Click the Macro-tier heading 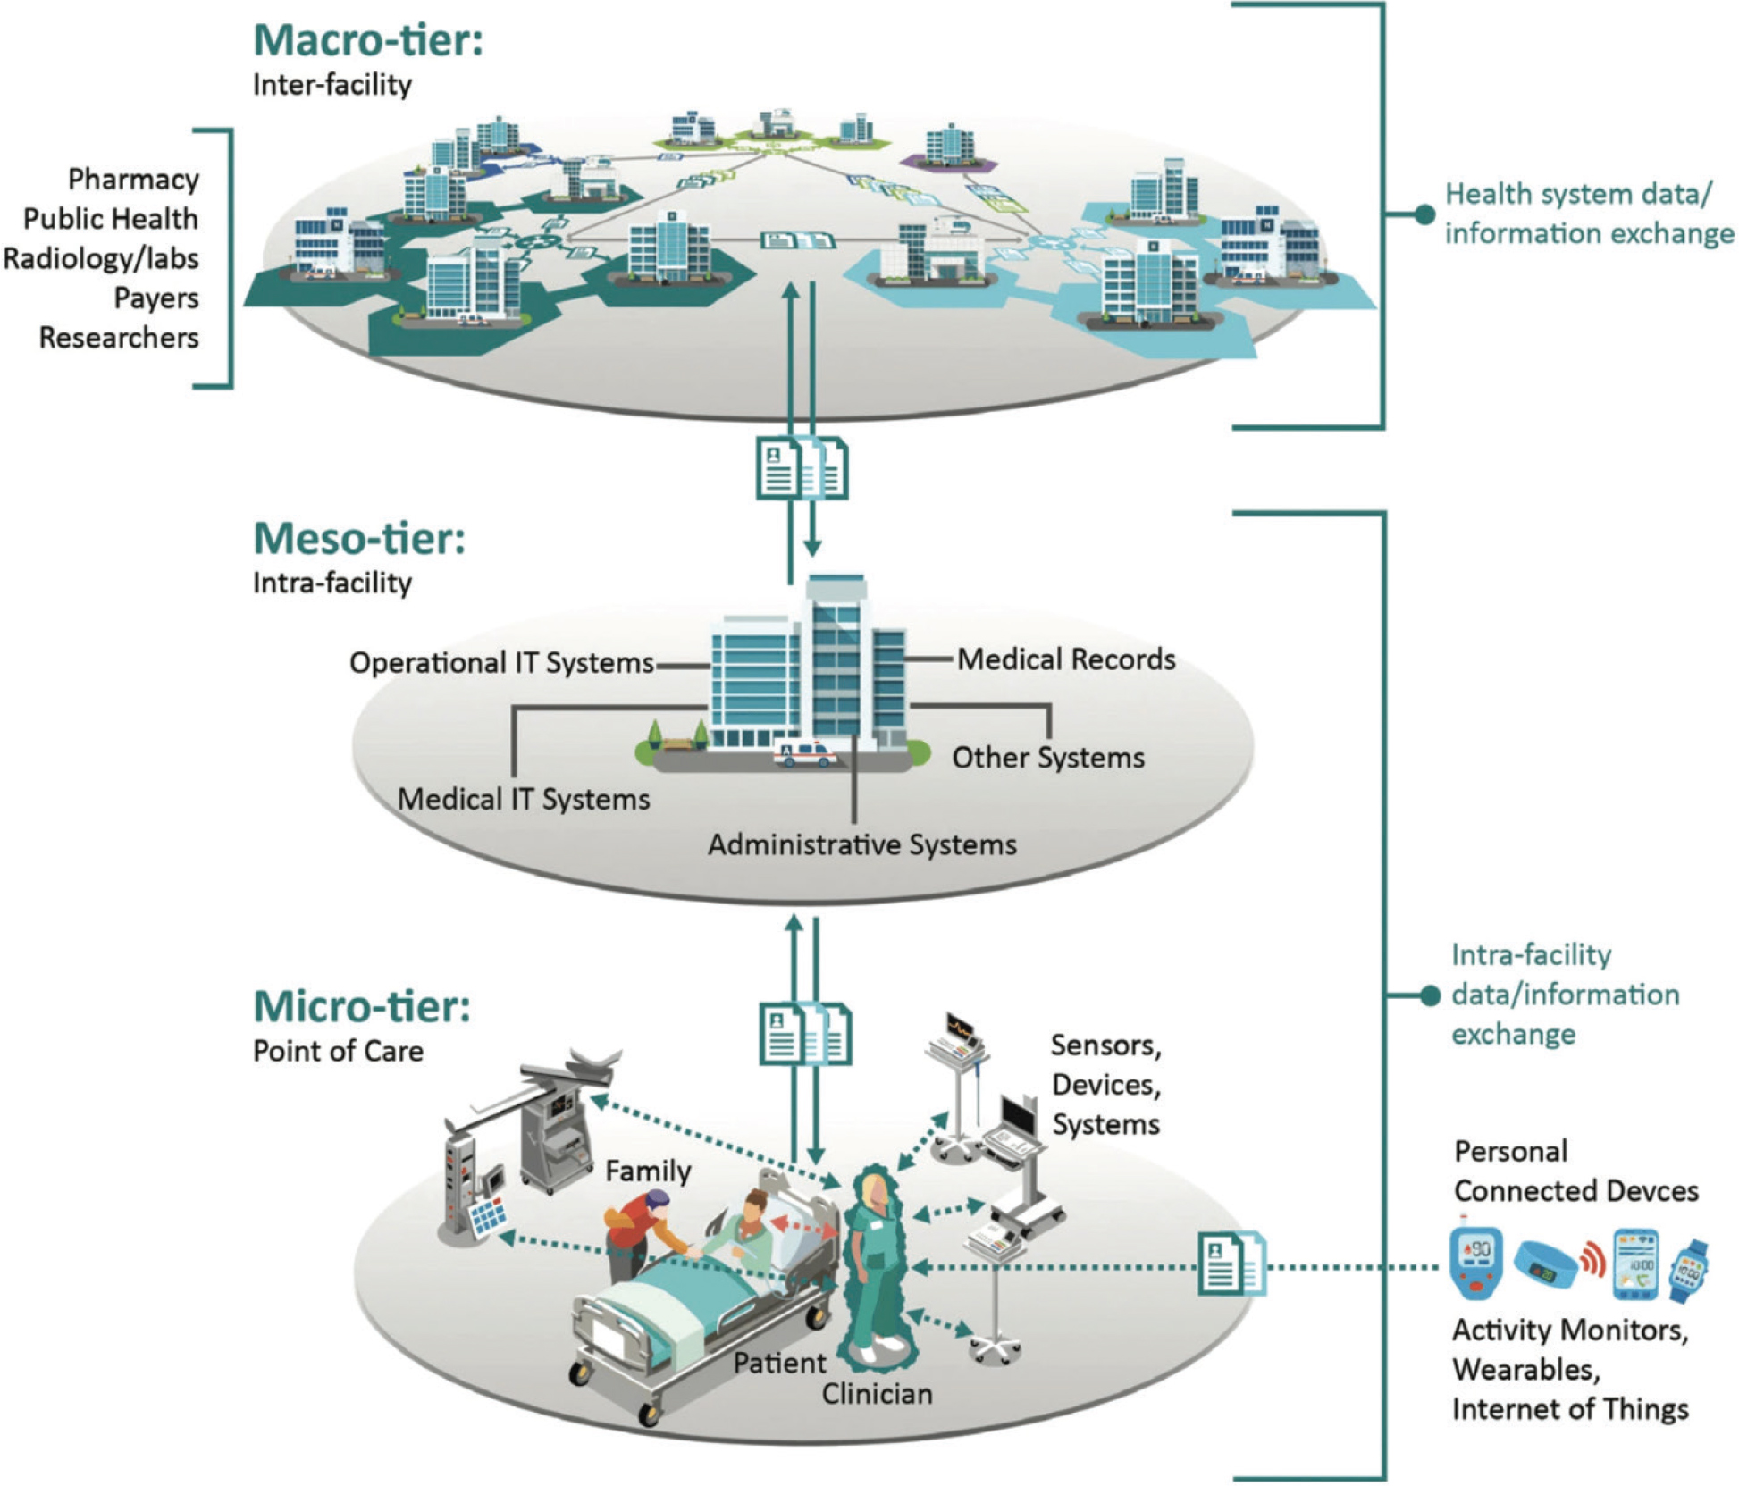click(367, 40)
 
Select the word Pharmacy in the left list click(133, 180)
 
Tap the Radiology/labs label click(101, 259)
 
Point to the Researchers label click(119, 338)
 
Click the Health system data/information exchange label click(1588, 214)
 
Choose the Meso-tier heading click(359, 539)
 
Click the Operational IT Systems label click(501, 663)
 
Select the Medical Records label click(1066, 659)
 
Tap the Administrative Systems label click(862, 844)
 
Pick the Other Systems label click(1047, 758)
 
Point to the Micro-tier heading click(361, 1007)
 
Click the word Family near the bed click(648, 1171)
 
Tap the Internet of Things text click(1570, 1409)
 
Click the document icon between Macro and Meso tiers click(802, 467)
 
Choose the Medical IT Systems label click(524, 799)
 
